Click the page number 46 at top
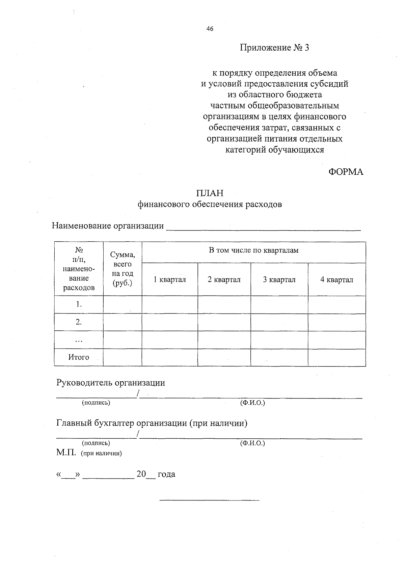pyautogui.click(x=210, y=29)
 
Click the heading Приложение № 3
pyautogui.click(x=274, y=48)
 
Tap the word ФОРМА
pyautogui.click(x=346, y=172)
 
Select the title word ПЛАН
pyautogui.click(x=210, y=193)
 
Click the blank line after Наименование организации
pyautogui.click(x=263, y=227)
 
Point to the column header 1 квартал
pyautogui.click(x=170, y=280)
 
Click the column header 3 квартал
pyautogui.click(x=279, y=280)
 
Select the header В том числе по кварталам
pyautogui.click(x=253, y=250)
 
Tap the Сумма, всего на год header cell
pyautogui.click(x=123, y=269)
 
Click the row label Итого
pyautogui.click(x=79, y=357)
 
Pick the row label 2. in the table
pyautogui.click(x=79, y=322)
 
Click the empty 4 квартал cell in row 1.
pyautogui.click(x=336, y=304)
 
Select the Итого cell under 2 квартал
pyautogui.click(x=224, y=357)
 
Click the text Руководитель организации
pyautogui.click(x=111, y=383)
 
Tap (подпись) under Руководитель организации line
pyautogui.click(x=96, y=403)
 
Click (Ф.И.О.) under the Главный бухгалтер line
pyautogui.click(x=252, y=443)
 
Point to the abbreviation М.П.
pyautogui.click(x=66, y=453)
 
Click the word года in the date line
pyautogui.click(x=166, y=474)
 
